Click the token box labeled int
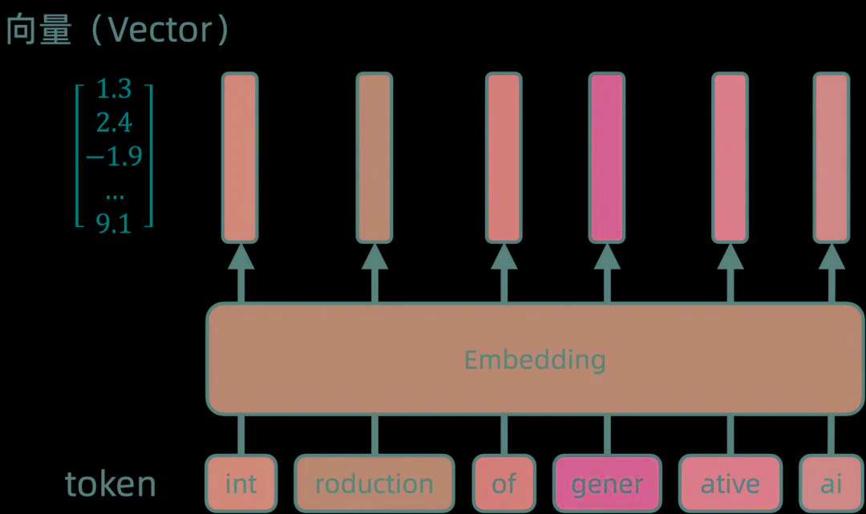pos(241,484)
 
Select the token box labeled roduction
pos(374,484)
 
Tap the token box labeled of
pos(504,484)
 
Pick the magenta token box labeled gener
pos(607,484)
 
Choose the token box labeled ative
pos(730,484)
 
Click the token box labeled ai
pos(832,484)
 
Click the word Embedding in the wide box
pos(535,359)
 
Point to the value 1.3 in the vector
pos(114,90)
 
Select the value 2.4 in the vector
pos(114,123)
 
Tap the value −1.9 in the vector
pos(114,156)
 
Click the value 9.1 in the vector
pos(114,224)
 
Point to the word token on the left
pos(110,484)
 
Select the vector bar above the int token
pos(240,157)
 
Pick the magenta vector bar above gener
pos(606,157)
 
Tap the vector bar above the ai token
pos(832,157)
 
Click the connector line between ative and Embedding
pos(730,435)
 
